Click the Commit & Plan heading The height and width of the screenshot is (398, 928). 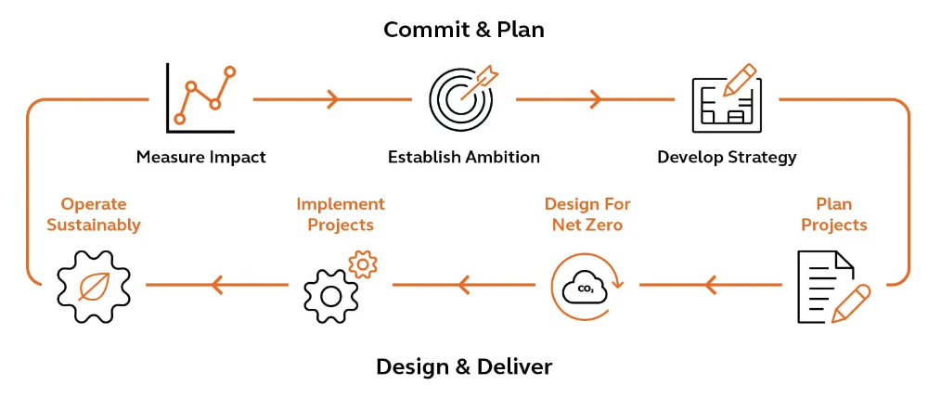pyautogui.click(x=464, y=30)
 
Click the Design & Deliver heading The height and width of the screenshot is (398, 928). pyautogui.click(x=464, y=366)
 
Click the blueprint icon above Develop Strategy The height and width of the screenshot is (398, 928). pyautogui.click(x=727, y=97)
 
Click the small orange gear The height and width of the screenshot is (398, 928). pyautogui.click(x=364, y=264)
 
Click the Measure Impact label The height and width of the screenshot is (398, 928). pyautogui.click(x=200, y=157)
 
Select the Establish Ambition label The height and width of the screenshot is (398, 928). pyautogui.click(x=464, y=157)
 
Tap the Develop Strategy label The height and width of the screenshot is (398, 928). pyautogui.click(x=727, y=157)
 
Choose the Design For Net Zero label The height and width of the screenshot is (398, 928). pyautogui.click(x=586, y=214)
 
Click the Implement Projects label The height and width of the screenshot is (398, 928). pyautogui.click(x=340, y=214)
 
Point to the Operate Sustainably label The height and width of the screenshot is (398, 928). pyautogui.click(x=94, y=214)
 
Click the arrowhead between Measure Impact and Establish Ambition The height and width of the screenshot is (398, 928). pyautogui.click(x=332, y=98)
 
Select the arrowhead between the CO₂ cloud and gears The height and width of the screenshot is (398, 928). pyautogui.click(x=464, y=285)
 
